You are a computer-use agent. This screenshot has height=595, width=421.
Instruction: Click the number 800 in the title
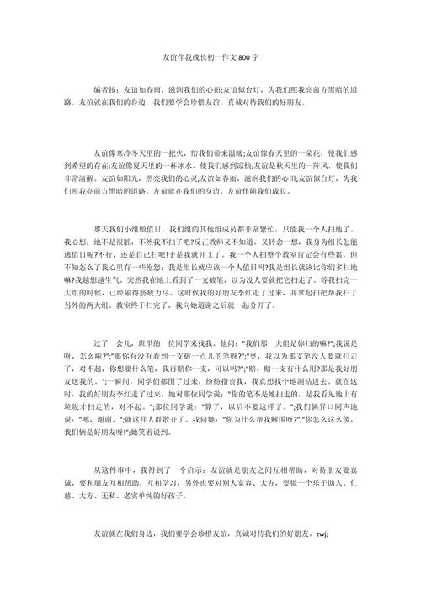(x=242, y=56)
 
